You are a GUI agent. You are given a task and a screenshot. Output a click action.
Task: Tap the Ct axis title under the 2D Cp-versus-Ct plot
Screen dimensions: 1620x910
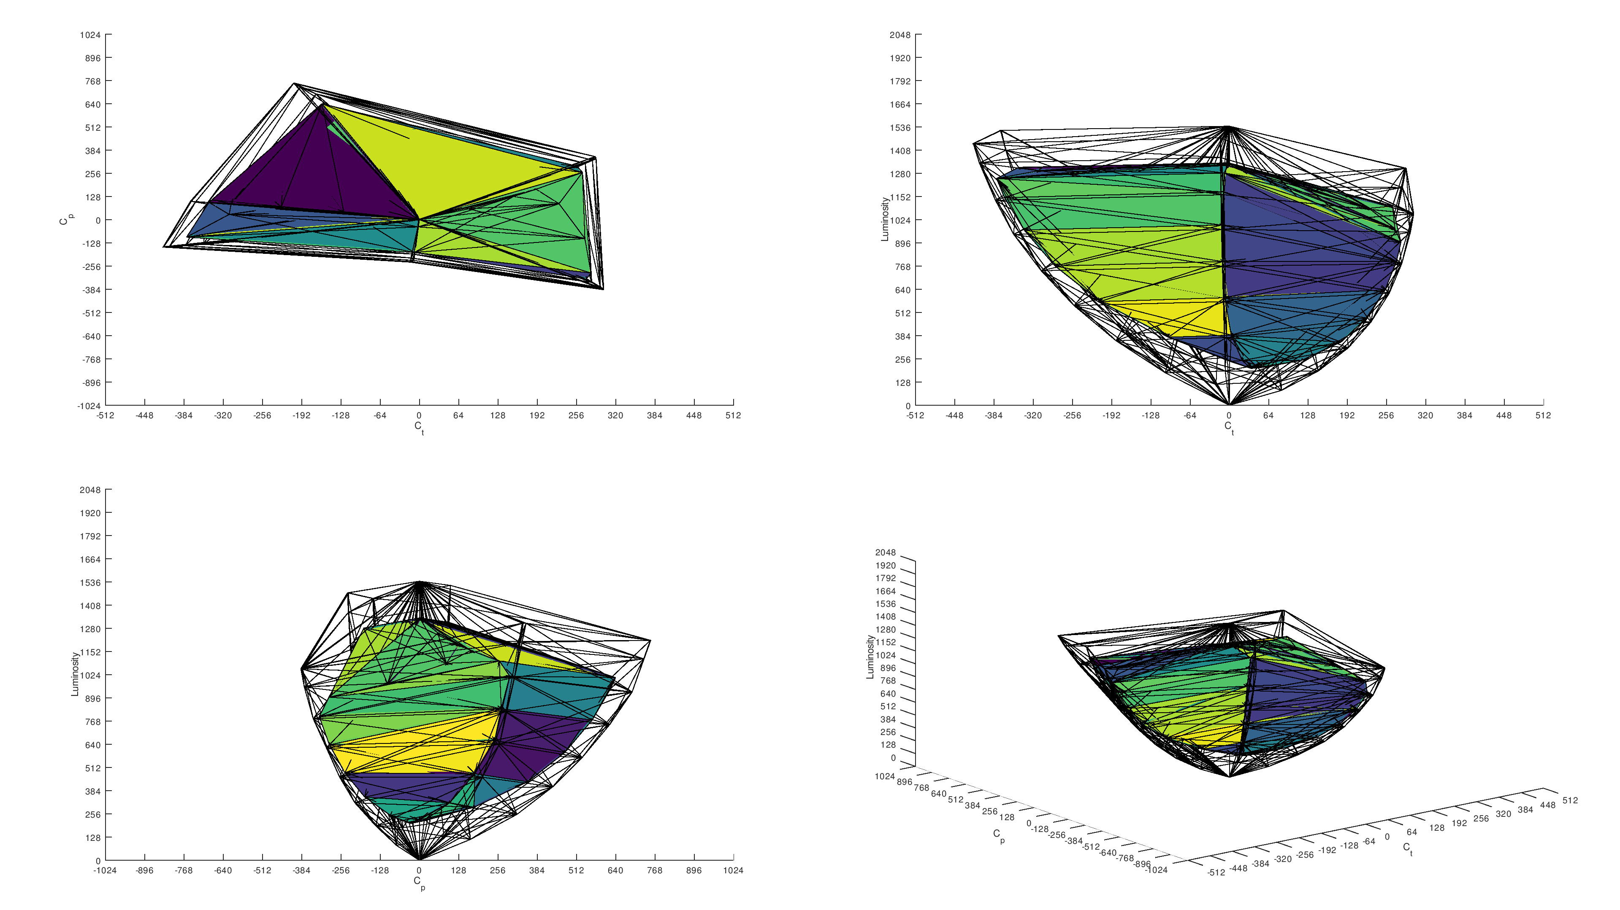(x=419, y=427)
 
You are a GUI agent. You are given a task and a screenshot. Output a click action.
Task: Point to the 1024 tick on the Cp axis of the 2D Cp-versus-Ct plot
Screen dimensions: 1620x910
(x=90, y=35)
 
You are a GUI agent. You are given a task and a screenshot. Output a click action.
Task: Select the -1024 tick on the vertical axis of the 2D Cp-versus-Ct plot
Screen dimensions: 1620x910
(x=89, y=406)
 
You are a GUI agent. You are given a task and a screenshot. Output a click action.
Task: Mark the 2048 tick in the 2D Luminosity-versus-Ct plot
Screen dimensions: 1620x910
(x=900, y=35)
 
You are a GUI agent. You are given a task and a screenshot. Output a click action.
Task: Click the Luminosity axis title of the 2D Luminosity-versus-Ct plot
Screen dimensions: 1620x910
(x=885, y=219)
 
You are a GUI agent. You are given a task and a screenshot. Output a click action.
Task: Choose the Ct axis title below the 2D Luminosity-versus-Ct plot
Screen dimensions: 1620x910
(x=1229, y=427)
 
